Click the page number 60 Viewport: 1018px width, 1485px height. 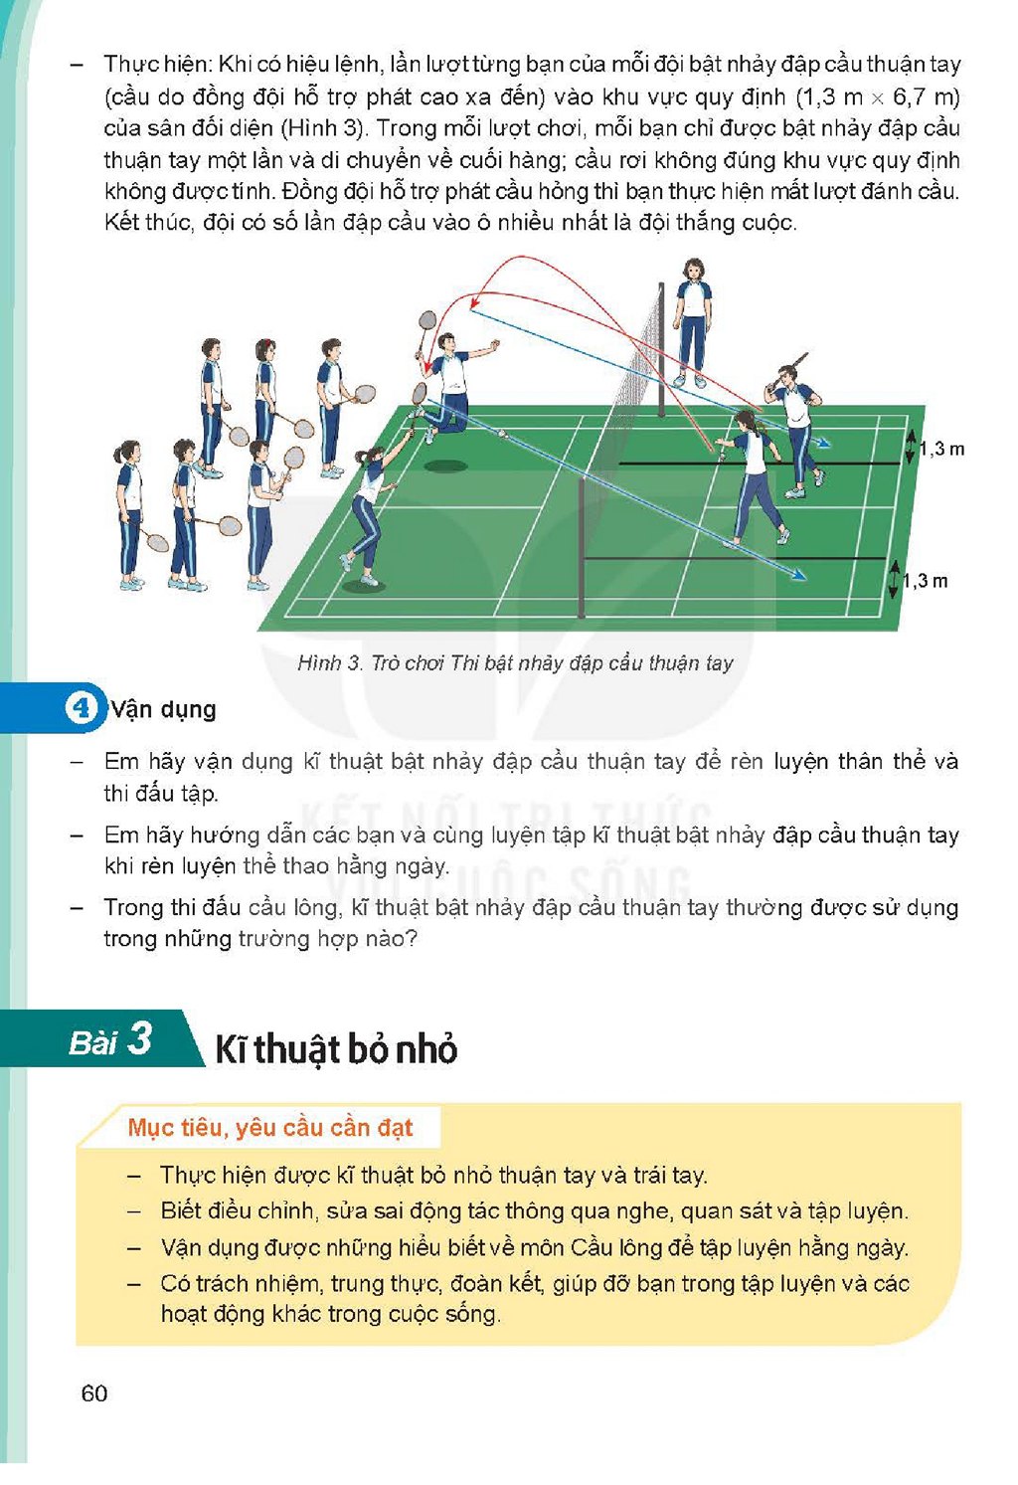click(x=94, y=1392)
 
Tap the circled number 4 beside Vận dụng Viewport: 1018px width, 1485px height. click(x=81, y=708)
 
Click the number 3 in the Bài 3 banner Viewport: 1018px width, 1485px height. click(x=140, y=1038)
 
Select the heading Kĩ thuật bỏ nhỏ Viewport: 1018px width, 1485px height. click(x=336, y=1049)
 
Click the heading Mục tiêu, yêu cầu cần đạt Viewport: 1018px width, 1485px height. click(x=270, y=1128)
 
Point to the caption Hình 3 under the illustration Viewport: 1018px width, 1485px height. click(x=515, y=663)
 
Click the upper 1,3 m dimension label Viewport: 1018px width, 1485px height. click(x=941, y=450)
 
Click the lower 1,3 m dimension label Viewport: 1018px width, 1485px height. click(x=925, y=582)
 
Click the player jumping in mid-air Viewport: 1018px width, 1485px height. click(x=445, y=385)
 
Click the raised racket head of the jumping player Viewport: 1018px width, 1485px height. click(x=427, y=320)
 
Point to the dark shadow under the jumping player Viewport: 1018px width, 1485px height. click(x=445, y=466)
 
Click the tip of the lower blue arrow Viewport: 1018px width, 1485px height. click(x=806, y=578)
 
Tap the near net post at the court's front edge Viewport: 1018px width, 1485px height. click(x=582, y=548)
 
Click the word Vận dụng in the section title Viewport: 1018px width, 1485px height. click(x=163, y=710)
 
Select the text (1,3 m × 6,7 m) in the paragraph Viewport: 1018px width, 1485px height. click(x=878, y=96)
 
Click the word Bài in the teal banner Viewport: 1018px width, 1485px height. click(x=92, y=1042)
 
